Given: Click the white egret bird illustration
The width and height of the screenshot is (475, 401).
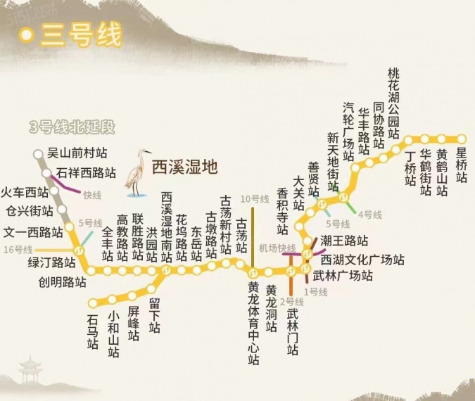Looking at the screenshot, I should (x=137, y=172).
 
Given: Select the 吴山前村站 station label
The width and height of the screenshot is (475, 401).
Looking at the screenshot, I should (x=77, y=152).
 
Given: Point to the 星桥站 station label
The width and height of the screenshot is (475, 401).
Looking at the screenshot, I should (x=462, y=165).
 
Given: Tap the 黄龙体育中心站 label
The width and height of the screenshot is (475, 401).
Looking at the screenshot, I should (x=253, y=324).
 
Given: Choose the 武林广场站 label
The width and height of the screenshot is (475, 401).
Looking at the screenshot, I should (x=343, y=276).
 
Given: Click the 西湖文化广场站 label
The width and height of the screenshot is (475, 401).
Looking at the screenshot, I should (x=362, y=260).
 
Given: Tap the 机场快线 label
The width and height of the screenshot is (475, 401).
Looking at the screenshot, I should (x=277, y=247).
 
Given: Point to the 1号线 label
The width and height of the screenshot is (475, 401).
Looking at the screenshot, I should (x=311, y=291).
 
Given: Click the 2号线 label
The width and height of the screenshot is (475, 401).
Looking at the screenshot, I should (x=291, y=302).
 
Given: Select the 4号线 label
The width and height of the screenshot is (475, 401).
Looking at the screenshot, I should (x=369, y=214).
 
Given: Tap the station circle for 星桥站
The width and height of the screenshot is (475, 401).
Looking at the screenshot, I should (x=462, y=139).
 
